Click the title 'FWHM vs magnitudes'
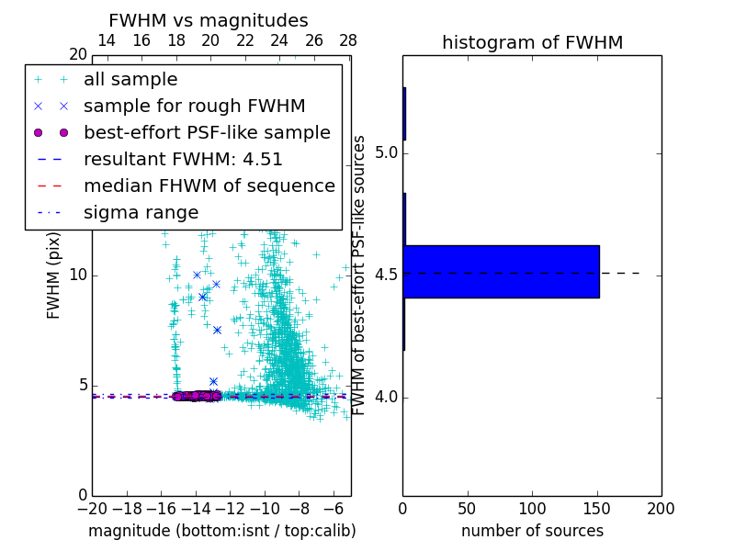[209, 20]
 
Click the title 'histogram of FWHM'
[532, 42]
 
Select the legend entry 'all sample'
[130, 80]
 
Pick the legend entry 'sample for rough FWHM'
[194, 107]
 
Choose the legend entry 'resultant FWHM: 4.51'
[183, 160]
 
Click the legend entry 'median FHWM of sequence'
[209, 186]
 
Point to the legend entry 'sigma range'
[141, 213]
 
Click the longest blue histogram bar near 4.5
[501, 272]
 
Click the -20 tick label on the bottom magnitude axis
[92, 509]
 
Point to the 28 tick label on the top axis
[348, 40]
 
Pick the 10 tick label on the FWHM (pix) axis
[77, 275]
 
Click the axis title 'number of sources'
[532, 531]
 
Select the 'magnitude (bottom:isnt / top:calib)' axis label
[221, 531]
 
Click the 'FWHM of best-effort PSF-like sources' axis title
[360, 275]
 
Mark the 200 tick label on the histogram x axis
[661, 508]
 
